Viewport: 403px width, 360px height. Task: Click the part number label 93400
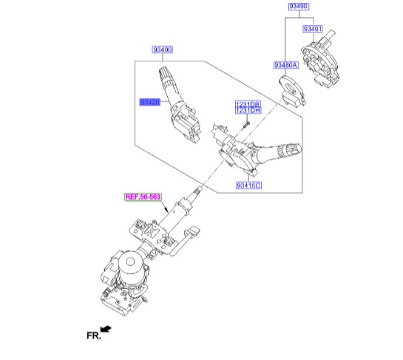click(x=162, y=50)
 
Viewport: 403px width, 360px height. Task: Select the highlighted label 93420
click(x=150, y=102)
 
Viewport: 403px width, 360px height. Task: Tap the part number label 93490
click(x=299, y=6)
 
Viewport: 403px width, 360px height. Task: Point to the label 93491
click(x=313, y=29)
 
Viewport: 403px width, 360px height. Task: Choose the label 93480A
click(x=286, y=65)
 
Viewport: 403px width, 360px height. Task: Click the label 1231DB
click(x=248, y=104)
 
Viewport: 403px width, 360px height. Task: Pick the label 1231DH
click(x=248, y=110)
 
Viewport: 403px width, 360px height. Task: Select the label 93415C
click(x=248, y=186)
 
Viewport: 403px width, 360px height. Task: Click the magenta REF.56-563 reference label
click(x=143, y=197)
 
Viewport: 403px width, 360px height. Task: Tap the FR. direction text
click(x=94, y=336)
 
